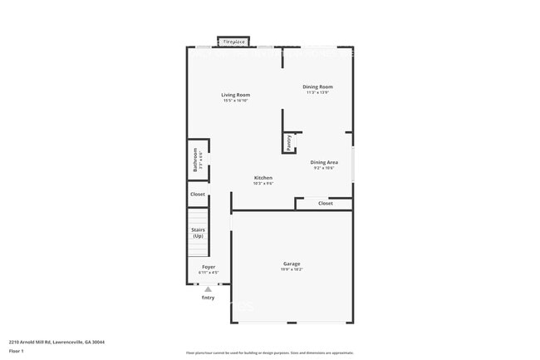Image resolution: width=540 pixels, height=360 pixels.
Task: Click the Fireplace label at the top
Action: pos(233,41)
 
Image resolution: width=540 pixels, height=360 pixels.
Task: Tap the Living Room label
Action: pos(235,95)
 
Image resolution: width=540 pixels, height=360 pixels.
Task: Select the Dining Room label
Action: pos(317,86)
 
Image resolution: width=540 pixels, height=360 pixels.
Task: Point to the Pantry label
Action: pos(289,143)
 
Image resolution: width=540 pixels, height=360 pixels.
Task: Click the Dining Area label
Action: pos(324,162)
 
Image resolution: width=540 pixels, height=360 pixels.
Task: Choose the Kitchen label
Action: pos(263,178)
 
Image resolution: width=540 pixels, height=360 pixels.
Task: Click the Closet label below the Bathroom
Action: pos(198,195)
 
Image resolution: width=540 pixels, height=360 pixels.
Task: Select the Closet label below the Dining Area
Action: pos(325,203)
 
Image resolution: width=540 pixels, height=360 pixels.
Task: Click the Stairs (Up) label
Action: pos(198,233)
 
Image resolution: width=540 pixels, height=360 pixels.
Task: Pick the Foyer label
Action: pos(209,267)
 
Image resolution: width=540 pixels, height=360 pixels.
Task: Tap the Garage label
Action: pos(292,264)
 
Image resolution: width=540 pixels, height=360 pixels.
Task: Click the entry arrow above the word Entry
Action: pos(208,288)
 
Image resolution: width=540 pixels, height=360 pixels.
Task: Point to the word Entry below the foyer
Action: pos(208,297)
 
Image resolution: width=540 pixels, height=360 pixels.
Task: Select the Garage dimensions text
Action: pos(292,269)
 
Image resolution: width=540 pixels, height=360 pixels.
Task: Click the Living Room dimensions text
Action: pos(235,101)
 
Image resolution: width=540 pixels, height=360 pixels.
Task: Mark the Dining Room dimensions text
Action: pos(317,92)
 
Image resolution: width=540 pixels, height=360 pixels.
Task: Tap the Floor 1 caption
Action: pos(17,352)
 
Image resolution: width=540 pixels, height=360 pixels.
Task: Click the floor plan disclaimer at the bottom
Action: pos(269,353)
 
